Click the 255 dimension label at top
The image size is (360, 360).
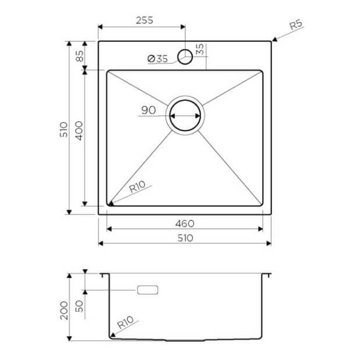[144, 20]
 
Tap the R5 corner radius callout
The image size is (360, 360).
[296, 24]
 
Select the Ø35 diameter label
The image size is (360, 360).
[158, 59]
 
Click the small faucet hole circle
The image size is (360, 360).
[185, 57]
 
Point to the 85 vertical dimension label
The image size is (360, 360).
[80, 56]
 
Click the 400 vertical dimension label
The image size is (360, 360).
[79, 130]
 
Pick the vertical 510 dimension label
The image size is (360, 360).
[63, 130]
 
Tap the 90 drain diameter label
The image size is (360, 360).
[149, 110]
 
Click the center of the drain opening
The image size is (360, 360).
[185, 115]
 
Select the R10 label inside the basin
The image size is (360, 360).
[137, 186]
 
